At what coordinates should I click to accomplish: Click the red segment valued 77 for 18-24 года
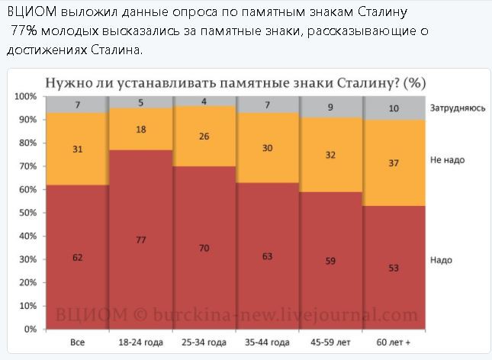[141, 239]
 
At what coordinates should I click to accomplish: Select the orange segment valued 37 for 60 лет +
[394, 162]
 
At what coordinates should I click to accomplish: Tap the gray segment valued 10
[394, 108]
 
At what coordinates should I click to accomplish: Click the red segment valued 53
[394, 267]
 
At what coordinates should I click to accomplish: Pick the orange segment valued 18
[141, 130]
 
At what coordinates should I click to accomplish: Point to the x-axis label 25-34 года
[204, 343]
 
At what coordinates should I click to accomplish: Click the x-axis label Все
[77, 343]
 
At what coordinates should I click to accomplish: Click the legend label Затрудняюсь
[458, 108]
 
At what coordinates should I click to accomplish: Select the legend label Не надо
[447, 160]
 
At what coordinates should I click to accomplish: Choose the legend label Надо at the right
[441, 260]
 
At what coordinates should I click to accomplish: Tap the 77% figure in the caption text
[25, 31]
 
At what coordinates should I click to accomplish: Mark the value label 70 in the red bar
[204, 248]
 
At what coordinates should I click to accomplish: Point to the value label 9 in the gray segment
[330, 108]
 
